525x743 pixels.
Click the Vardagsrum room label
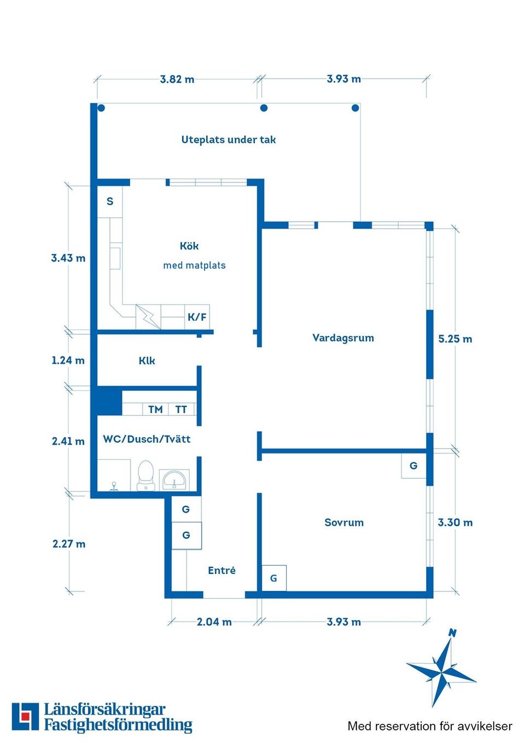(343, 338)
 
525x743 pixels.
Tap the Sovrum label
(344, 523)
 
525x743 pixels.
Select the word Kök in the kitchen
(189, 246)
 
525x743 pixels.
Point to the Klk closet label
(147, 361)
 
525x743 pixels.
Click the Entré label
(221, 570)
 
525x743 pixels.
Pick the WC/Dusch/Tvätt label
(147, 439)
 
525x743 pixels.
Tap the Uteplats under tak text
(229, 140)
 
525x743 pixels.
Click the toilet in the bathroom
(146, 475)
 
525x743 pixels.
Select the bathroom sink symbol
(174, 480)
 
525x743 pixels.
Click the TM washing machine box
(155, 409)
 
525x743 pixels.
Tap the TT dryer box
(181, 409)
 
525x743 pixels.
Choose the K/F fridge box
(197, 317)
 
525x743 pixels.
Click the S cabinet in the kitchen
(110, 202)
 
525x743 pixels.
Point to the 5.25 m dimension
(455, 339)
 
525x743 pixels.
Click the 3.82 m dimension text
(177, 79)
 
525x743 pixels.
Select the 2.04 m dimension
(214, 622)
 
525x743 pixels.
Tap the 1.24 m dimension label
(68, 360)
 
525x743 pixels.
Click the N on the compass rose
(452, 633)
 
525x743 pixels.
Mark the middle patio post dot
(264, 108)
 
